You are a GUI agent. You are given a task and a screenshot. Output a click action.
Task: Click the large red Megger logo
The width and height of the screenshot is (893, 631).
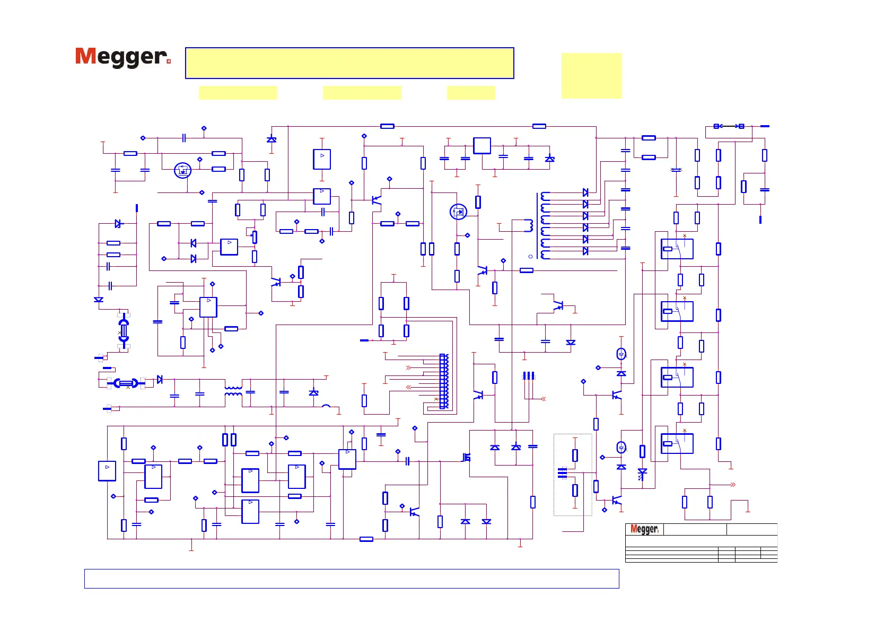pos(122,57)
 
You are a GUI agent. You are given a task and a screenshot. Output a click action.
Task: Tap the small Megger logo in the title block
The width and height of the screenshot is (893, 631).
pos(644,529)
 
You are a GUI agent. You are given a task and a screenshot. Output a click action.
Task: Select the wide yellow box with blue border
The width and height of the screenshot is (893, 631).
pos(349,63)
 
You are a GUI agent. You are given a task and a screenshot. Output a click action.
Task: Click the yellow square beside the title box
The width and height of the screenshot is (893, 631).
pos(591,75)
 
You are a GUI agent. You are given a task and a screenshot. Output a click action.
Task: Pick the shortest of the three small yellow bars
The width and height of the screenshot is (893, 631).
pos(471,93)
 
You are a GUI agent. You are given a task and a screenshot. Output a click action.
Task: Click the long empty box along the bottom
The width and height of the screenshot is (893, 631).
pos(352,579)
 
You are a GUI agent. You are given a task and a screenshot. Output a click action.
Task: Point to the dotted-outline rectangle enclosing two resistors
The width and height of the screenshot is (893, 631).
pos(573,475)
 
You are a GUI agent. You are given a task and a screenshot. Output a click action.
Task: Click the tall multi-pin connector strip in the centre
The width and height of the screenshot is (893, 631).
pos(444,381)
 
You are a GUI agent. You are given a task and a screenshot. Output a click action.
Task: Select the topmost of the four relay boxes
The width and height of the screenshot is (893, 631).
pos(677,249)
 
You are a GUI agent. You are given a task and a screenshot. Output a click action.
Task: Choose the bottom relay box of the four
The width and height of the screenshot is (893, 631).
pos(677,443)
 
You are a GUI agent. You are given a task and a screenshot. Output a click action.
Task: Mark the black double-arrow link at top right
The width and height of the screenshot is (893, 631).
pos(729,126)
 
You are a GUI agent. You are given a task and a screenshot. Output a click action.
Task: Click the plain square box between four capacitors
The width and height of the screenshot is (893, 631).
pos(481,146)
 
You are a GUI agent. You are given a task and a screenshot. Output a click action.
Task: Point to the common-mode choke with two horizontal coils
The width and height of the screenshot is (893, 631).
pos(233,391)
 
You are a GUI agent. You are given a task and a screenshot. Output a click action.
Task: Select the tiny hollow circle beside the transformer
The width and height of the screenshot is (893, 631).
pos(530,257)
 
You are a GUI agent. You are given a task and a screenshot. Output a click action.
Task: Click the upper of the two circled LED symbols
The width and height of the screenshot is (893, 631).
pos(621,354)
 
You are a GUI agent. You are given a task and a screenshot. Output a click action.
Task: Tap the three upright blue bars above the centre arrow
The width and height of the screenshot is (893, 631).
pos(528,375)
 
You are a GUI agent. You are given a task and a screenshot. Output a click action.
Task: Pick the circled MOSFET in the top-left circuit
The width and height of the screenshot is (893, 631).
pos(182,171)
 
